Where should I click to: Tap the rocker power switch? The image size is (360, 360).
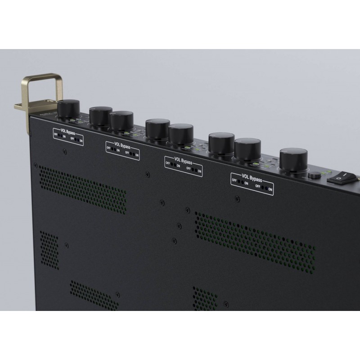coord(341,177)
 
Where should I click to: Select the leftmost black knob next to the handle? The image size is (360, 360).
coord(70,109)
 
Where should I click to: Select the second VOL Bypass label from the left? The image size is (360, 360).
coord(122,150)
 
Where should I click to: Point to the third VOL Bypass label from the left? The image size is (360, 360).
coord(184,166)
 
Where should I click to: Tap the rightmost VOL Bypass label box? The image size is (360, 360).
coord(252,183)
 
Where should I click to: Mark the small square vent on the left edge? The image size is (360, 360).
coord(49,249)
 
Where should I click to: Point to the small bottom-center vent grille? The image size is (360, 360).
coord(205,299)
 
